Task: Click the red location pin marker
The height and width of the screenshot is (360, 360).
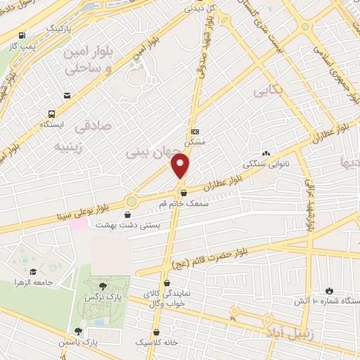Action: point(181,166)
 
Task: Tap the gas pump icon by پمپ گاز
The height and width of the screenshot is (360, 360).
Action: point(24,34)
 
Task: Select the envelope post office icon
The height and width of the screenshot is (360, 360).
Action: point(67,96)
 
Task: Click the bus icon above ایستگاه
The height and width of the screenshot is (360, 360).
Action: point(52,113)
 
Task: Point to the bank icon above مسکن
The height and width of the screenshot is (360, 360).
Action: point(195,131)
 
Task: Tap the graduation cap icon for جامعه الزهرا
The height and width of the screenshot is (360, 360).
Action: point(32,271)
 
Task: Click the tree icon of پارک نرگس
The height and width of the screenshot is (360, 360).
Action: point(104,285)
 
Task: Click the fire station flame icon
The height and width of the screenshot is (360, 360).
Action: point(328,290)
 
